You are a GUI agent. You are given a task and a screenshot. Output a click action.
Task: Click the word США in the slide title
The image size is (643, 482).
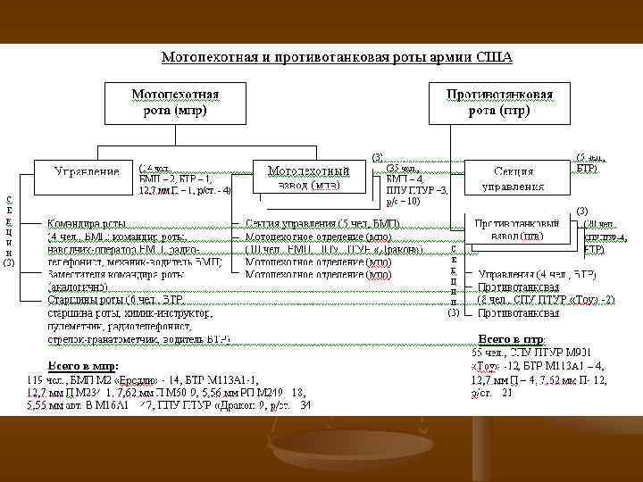494,58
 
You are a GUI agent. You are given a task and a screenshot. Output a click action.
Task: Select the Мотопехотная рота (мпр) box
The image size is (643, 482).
176,103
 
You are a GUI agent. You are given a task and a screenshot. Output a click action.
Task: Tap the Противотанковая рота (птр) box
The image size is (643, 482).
499,103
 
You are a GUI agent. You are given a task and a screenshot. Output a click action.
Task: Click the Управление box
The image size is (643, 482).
86,171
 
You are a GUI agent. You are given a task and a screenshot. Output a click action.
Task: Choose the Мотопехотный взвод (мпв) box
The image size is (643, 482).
308,177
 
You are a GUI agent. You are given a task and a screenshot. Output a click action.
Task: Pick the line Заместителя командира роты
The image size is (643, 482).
112,275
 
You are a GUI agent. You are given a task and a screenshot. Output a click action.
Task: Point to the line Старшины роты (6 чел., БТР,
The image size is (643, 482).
112,301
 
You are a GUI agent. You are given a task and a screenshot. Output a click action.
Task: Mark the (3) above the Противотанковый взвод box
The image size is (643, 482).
581,210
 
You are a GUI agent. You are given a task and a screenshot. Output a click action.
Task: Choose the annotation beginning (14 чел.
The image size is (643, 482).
155,167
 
